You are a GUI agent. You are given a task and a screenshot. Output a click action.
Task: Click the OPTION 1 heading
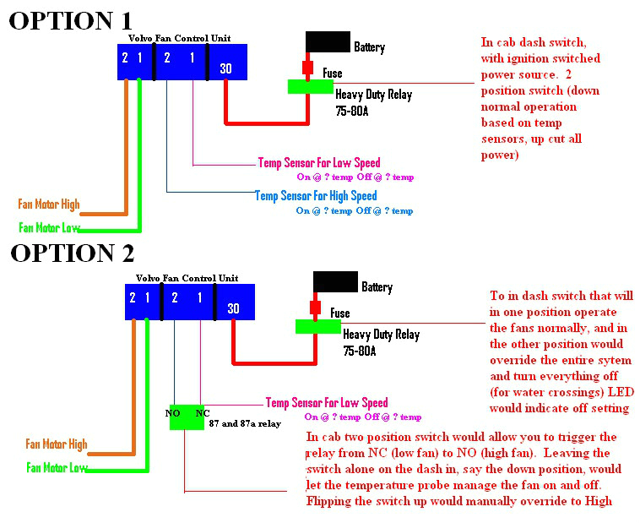pos(70,20)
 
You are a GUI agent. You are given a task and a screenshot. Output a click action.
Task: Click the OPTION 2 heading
pos(72,253)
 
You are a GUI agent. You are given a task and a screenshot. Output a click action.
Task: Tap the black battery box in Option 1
pos(327,42)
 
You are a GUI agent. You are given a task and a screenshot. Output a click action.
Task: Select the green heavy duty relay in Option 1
pos(310,86)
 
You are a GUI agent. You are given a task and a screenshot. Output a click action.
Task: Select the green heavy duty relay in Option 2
pos(317,327)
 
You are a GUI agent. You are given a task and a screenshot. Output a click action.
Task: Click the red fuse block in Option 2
pos(317,308)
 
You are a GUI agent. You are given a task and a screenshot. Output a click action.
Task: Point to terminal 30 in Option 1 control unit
pos(226,68)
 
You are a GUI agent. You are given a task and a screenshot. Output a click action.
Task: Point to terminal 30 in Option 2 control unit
pos(233,308)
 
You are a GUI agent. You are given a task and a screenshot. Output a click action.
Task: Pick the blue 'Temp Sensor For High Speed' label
pos(316,196)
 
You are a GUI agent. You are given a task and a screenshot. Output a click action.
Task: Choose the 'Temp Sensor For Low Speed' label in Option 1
pos(318,162)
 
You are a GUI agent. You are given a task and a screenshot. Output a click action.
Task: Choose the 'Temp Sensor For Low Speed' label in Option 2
pos(327,403)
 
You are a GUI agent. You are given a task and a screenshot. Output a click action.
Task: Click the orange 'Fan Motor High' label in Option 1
pos(49,204)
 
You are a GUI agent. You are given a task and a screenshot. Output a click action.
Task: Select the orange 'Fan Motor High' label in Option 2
pos(57,444)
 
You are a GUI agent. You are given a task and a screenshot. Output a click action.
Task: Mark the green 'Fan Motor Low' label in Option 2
pos(57,467)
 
